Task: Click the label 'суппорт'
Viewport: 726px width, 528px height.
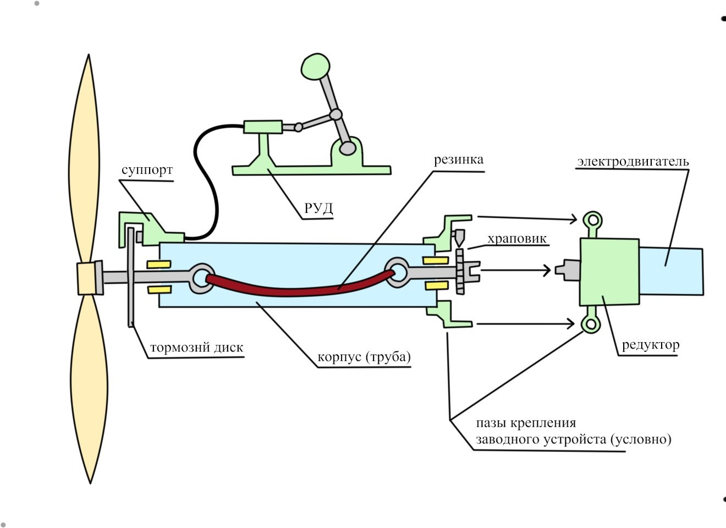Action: (x=147, y=170)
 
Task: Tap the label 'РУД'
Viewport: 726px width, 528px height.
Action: (x=318, y=208)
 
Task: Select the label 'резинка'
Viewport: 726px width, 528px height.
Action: (x=459, y=160)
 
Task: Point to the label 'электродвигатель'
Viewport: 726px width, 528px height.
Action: (x=633, y=161)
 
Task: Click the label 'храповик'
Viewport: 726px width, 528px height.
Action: (x=517, y=239)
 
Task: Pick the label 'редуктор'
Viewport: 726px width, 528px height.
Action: (x=651, y=344)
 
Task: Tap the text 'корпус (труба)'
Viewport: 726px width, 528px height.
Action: (x=364, y=357)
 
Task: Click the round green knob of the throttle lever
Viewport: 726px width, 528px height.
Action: (x=315, y=67)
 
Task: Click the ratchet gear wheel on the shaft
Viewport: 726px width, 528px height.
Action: (x=460, y=271)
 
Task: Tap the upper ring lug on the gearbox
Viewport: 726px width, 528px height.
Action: (x=592, y=223)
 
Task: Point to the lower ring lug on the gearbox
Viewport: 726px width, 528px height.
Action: (x=591, y=321)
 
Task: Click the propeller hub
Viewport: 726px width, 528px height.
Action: (x=87, y=278)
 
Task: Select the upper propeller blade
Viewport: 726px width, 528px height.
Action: (x=84, y=159)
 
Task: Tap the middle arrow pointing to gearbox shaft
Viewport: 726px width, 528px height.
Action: (x=515, y=270)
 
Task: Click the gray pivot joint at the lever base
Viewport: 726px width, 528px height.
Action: (x=348, y=148)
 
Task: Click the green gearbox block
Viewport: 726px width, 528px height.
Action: (x=609, y=272)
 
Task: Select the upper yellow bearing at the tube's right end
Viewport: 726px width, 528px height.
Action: (x=435, y=260)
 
